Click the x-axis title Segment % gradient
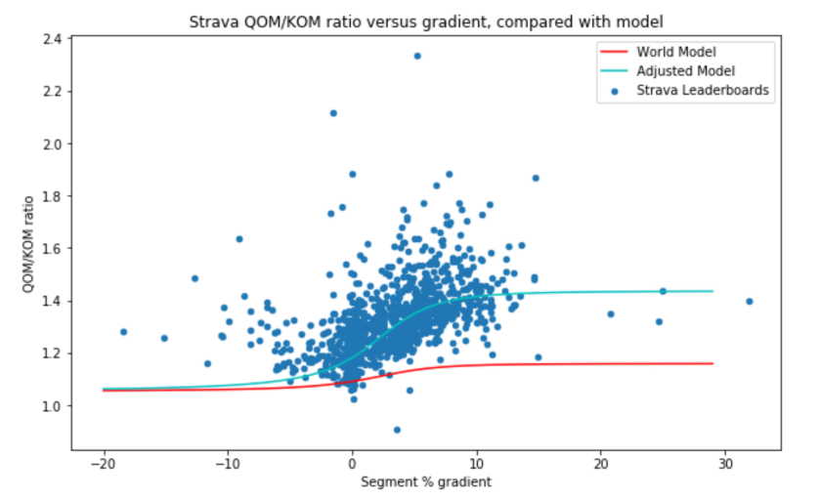pyautogui.click(x=426, y=481)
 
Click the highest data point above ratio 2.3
pyautogui.click(x=417, y=56)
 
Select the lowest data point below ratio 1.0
pyautogui.click(x=397, y=430)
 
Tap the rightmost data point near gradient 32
pyautogui.click(x=750, y=301)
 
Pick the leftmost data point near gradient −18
pyautogui.click(x=123, y=332)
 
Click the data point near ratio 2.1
pyautogui.click(x=333, y=113)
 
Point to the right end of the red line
pyautogui.click(x=712, y=363)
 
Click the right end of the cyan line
pyautogui.click(x=712, y=291)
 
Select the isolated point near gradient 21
pyautogui.click(x=611, y=313)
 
